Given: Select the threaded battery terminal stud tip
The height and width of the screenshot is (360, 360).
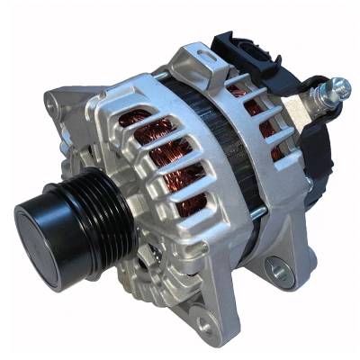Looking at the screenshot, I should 341,85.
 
